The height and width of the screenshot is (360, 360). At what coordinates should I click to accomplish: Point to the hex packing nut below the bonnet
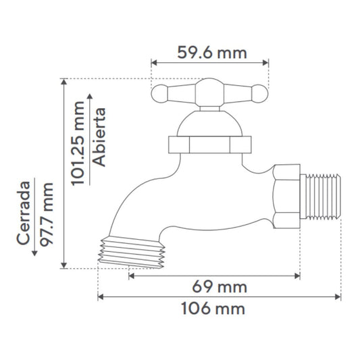tap(209, 144)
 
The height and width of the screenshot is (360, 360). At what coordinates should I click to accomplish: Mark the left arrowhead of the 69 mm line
tap(130, 275)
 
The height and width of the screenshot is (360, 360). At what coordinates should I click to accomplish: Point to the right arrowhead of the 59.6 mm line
tap(267, 62)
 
